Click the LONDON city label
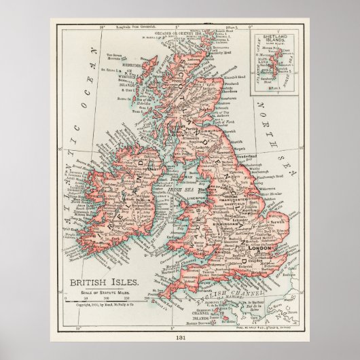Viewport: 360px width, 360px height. pos(262,250)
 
